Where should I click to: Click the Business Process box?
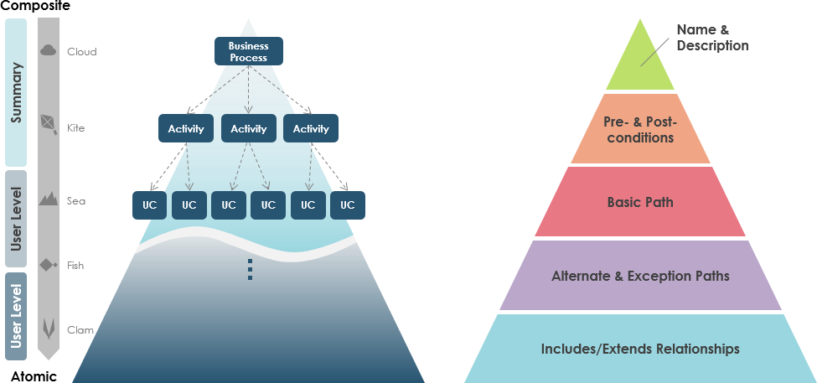click(248, 52)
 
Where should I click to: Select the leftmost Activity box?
click(186, 128)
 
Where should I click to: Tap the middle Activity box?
click(248, 128)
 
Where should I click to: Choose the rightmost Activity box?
click(311, 128)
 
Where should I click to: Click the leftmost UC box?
click(150, 204)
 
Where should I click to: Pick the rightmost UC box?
click(347, 204)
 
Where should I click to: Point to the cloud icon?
click(49, 51)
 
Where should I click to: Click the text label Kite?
click(75, 128)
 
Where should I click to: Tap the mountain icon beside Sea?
click(49, 199)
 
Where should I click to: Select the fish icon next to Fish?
click(49, 265)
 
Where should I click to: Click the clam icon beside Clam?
click(49, 328)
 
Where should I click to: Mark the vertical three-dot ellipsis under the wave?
click(250, 269)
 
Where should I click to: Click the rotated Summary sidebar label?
click(16, 92)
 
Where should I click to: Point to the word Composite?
click(35, 7)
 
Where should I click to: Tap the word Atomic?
click(34, 376)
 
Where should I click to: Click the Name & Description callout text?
click(712, 38)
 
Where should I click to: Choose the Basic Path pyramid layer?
click(640, 202)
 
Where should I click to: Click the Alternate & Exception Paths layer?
click(640, 276)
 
